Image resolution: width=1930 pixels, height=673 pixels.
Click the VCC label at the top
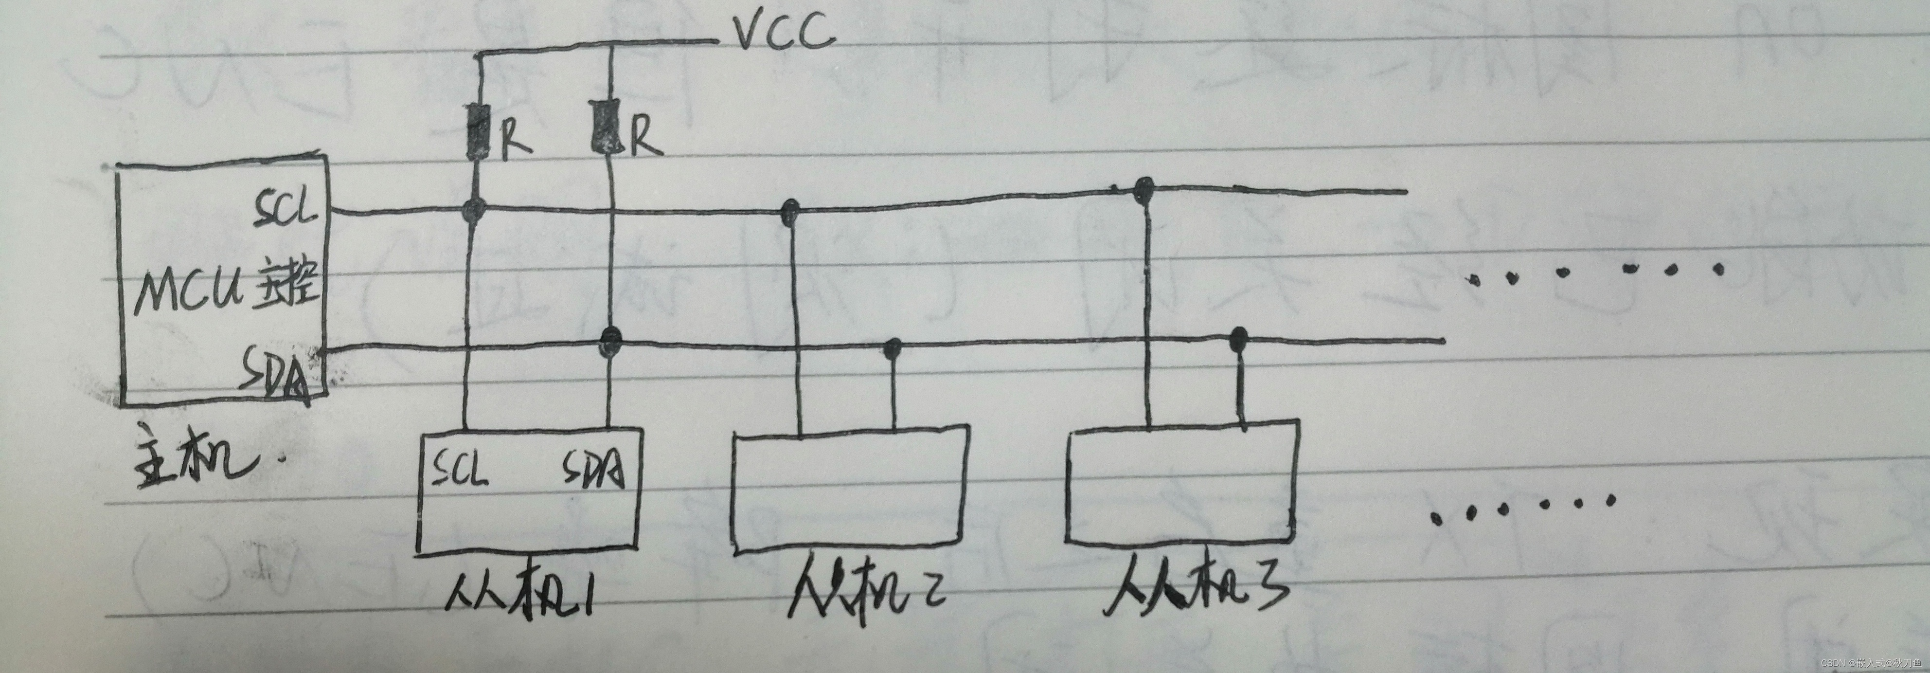pos(783,34)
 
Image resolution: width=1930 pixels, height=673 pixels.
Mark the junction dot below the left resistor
pos(474,210)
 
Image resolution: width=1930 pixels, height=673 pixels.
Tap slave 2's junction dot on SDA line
pos(893,347)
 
